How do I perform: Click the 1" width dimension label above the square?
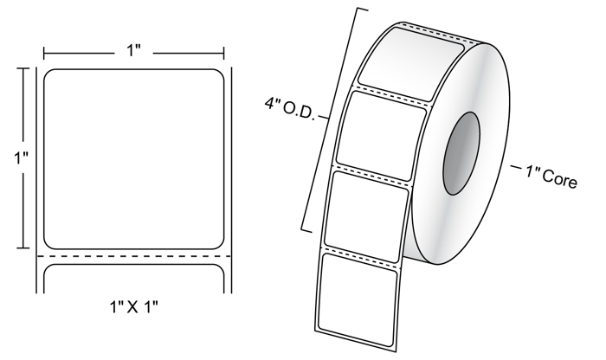coord(133,50)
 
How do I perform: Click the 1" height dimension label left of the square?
coord(22,157)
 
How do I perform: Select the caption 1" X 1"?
coord(134,307)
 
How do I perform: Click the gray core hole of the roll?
coord(461,153)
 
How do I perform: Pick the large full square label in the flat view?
coord(133,159)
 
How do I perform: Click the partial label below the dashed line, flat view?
coord(133,279)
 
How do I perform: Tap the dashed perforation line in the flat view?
coord(133,256)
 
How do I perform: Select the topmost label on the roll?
coord(411,64)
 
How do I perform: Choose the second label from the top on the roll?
coord(381,136)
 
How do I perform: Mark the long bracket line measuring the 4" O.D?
coord(333,119)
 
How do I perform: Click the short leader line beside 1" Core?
coord(516,167)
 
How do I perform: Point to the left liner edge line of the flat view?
coord(37,180)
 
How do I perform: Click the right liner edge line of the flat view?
coord(231,180)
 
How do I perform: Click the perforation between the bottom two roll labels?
coord(361,257)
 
